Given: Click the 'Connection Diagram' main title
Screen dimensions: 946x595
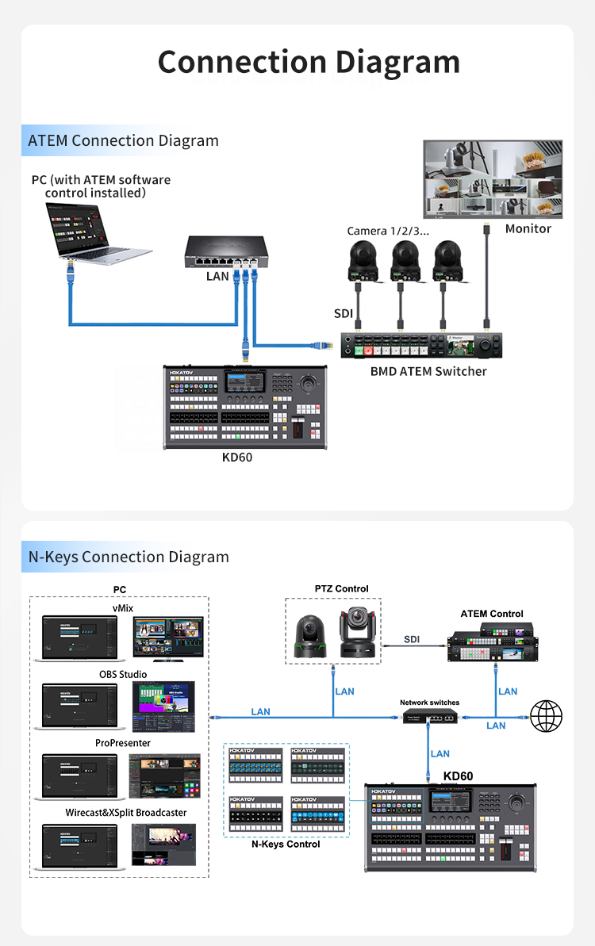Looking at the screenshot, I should [x=309, y=62].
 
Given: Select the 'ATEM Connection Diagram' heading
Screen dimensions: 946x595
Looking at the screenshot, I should [x=123, y=141].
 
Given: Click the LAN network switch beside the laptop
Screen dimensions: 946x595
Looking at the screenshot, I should [x=226, y=251].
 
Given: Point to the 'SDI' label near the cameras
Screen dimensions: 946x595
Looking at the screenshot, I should [x=343, y=314].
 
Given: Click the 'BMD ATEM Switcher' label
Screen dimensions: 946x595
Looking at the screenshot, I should [x=428, y=371].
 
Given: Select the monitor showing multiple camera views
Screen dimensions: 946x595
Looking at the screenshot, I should [x=492, y=179].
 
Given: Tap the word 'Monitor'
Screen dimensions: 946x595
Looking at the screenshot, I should [x=528, y=228].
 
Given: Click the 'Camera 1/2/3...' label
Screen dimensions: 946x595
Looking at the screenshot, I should [x=388, y=231].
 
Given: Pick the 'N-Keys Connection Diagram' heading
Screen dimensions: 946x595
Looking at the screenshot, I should [x=129, y=557].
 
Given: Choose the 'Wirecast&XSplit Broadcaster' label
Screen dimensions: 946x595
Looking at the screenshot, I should [x=126, y=813].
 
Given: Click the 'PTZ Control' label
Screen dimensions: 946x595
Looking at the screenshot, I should [x=341, y=588].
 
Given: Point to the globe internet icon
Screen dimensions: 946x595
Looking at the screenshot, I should [x=546, y=716].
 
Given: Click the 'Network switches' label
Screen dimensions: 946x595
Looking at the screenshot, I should [x=429, y=703].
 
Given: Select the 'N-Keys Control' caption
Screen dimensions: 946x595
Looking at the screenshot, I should [x=286, y=845].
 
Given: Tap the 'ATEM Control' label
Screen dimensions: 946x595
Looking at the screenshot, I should [x=492, y=614].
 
